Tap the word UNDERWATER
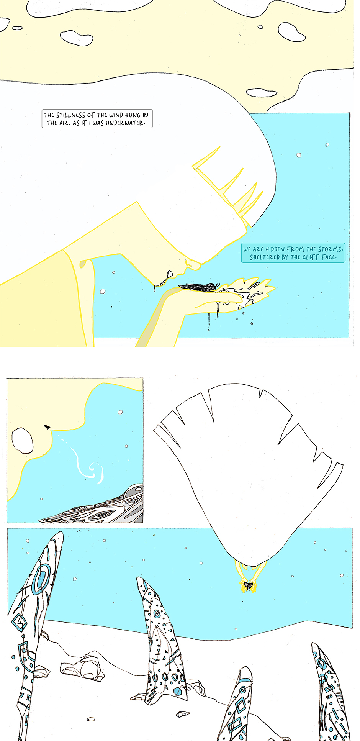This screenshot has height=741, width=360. pos(126,123)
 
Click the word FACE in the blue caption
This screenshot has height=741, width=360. pos(329,257)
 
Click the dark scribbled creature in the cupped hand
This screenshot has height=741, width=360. pos(198,287)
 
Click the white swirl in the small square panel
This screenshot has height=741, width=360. pos(90,464)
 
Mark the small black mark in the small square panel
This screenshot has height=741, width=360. pos(47,426)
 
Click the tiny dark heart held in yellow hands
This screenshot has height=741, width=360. pos(248,585)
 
